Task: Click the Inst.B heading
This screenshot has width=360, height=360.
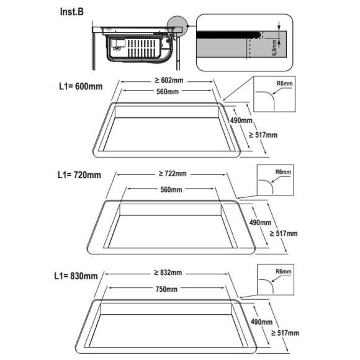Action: [71, 12]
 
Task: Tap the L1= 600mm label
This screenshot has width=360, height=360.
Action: [81, 86]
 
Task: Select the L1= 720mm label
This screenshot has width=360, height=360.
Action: [79, 175]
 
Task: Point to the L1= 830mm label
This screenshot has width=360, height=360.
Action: [76, 276]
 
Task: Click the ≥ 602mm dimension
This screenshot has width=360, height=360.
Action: [169, 80]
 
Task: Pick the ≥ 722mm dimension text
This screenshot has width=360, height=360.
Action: [173, 174]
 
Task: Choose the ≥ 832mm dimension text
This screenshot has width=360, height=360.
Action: [168, 272]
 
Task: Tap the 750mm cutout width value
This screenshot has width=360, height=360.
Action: [166, 289]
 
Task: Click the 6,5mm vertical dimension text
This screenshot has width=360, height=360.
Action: [274, 48]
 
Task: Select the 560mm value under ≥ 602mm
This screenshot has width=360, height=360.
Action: [168, 92]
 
